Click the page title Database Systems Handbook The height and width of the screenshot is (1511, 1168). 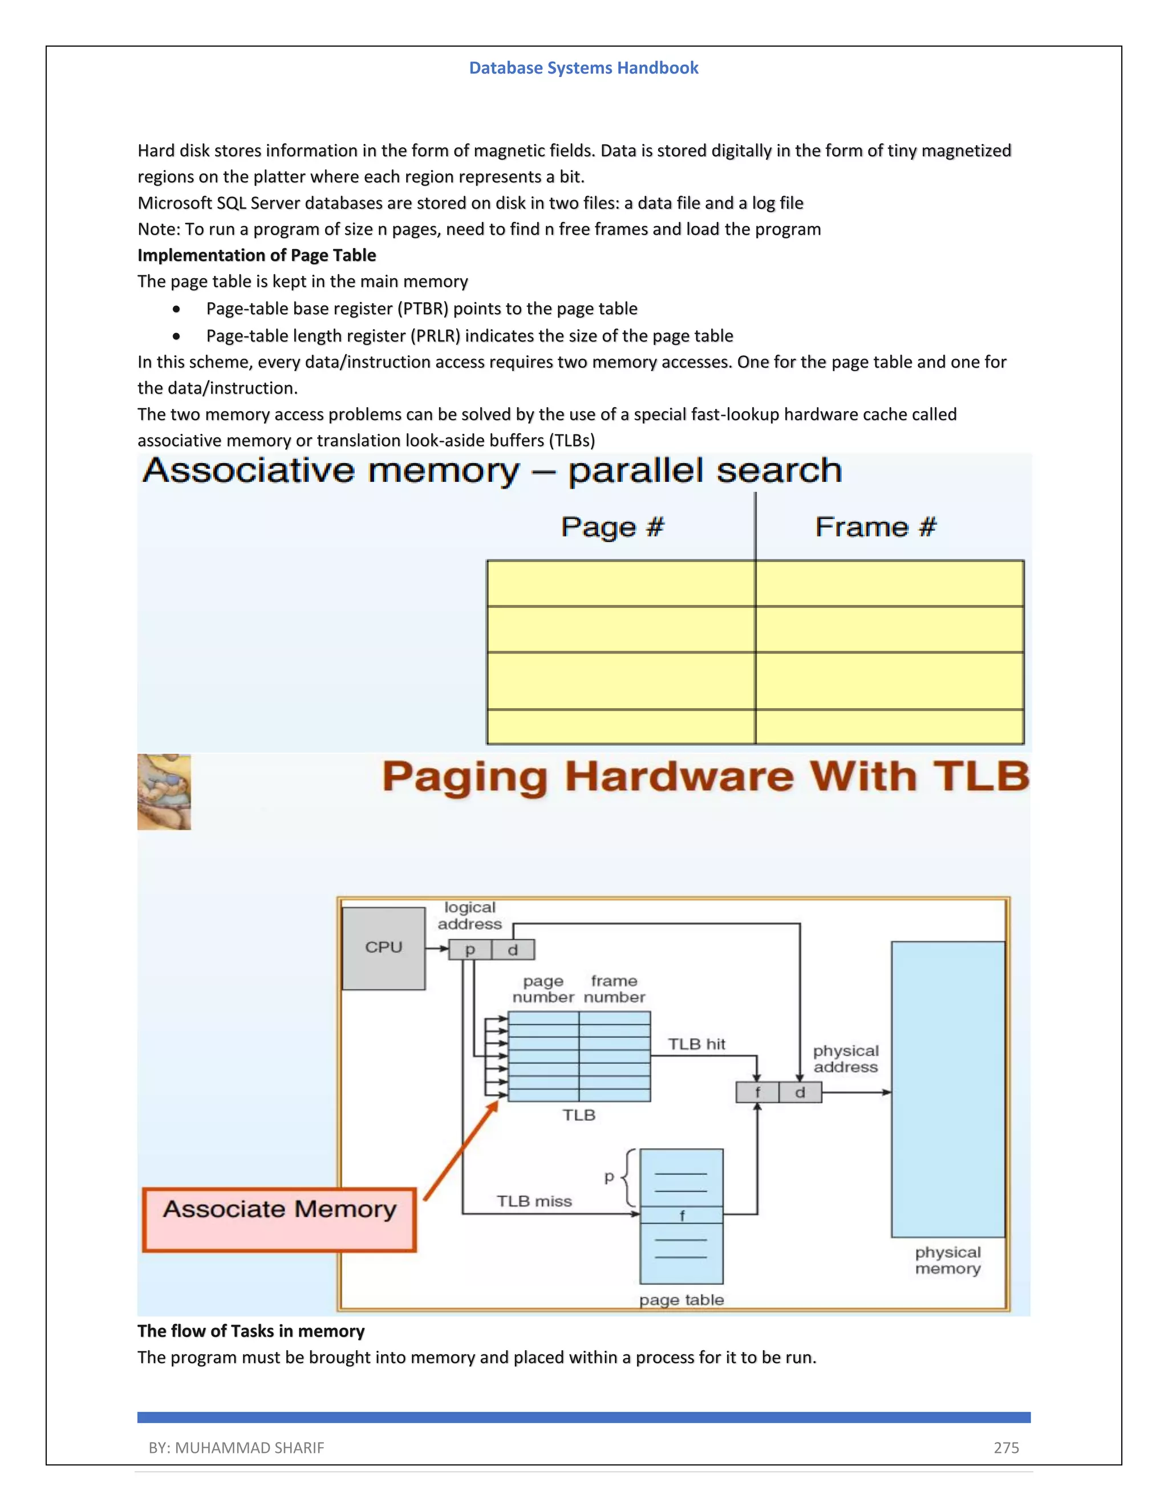click(x=583, y=68)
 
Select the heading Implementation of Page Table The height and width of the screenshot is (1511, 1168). click(x=257, y=255)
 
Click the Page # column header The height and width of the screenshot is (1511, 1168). click(x=613, y=527)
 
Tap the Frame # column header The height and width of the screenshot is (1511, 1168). click(x=875, y=527)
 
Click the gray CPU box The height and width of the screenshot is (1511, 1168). click(x=383, y=948)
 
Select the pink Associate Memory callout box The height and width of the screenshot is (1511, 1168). click(x=279, y=1220)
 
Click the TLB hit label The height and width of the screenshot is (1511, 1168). click(x=696, y=1044)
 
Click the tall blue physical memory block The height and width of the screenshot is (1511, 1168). click(x=947, y=1090)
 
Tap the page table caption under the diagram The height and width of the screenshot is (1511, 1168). click(x=681, y=1300)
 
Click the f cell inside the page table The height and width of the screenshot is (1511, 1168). click(x=682, y=1216)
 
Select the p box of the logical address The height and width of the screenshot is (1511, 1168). click(x=470, y=950)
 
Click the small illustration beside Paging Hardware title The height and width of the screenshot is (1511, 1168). click(x=164, y=792)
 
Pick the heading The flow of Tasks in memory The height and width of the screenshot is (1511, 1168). click(x=250, y=1331)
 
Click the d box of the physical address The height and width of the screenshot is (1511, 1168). click(x=800, y=1092)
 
